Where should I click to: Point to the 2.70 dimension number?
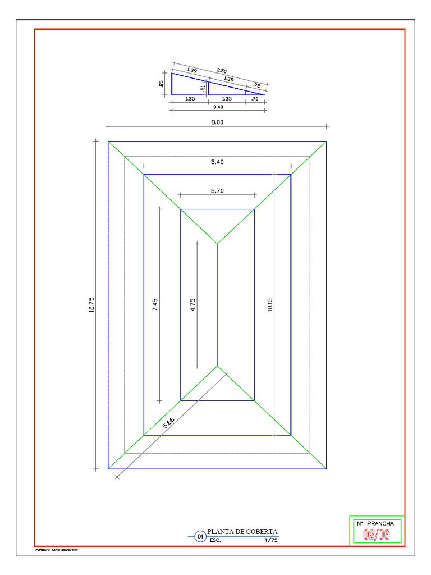point(217,190)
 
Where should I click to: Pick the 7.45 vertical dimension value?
point(155,305)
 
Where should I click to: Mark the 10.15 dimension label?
point(270,305)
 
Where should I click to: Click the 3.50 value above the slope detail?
point(222,71)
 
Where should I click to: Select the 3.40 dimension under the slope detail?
point(218,107)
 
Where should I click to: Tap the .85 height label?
point(161,84)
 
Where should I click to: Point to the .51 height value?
point(203,88)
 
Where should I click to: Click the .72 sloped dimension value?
point(257,85)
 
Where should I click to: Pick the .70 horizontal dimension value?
point(255,99)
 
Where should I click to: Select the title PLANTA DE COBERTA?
point(242,532)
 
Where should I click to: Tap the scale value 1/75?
point(270,541)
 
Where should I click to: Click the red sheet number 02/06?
point(376,535)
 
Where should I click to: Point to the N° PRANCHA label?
point(375,523)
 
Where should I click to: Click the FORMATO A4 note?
point(56,550)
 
